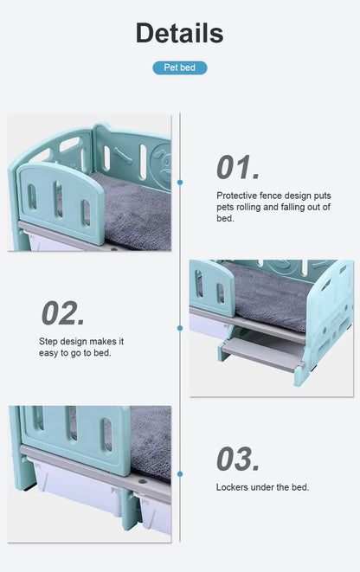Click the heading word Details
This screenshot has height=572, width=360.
[x=179, y=33]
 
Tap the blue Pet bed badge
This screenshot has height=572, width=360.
[x=179, y=67]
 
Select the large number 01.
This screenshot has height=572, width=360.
[x=238, y=167]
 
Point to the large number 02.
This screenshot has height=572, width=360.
[x=63, y=312]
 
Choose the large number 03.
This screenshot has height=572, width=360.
[x=238, y=459]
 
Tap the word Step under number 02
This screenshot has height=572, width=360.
[x=48, y=341]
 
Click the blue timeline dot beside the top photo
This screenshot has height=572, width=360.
[x=180, y=183]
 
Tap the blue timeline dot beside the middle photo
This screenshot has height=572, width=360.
[x=180, y=328]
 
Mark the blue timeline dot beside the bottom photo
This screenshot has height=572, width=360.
[x=180, y=474]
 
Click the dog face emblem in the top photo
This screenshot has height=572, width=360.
[x=161, y=161]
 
